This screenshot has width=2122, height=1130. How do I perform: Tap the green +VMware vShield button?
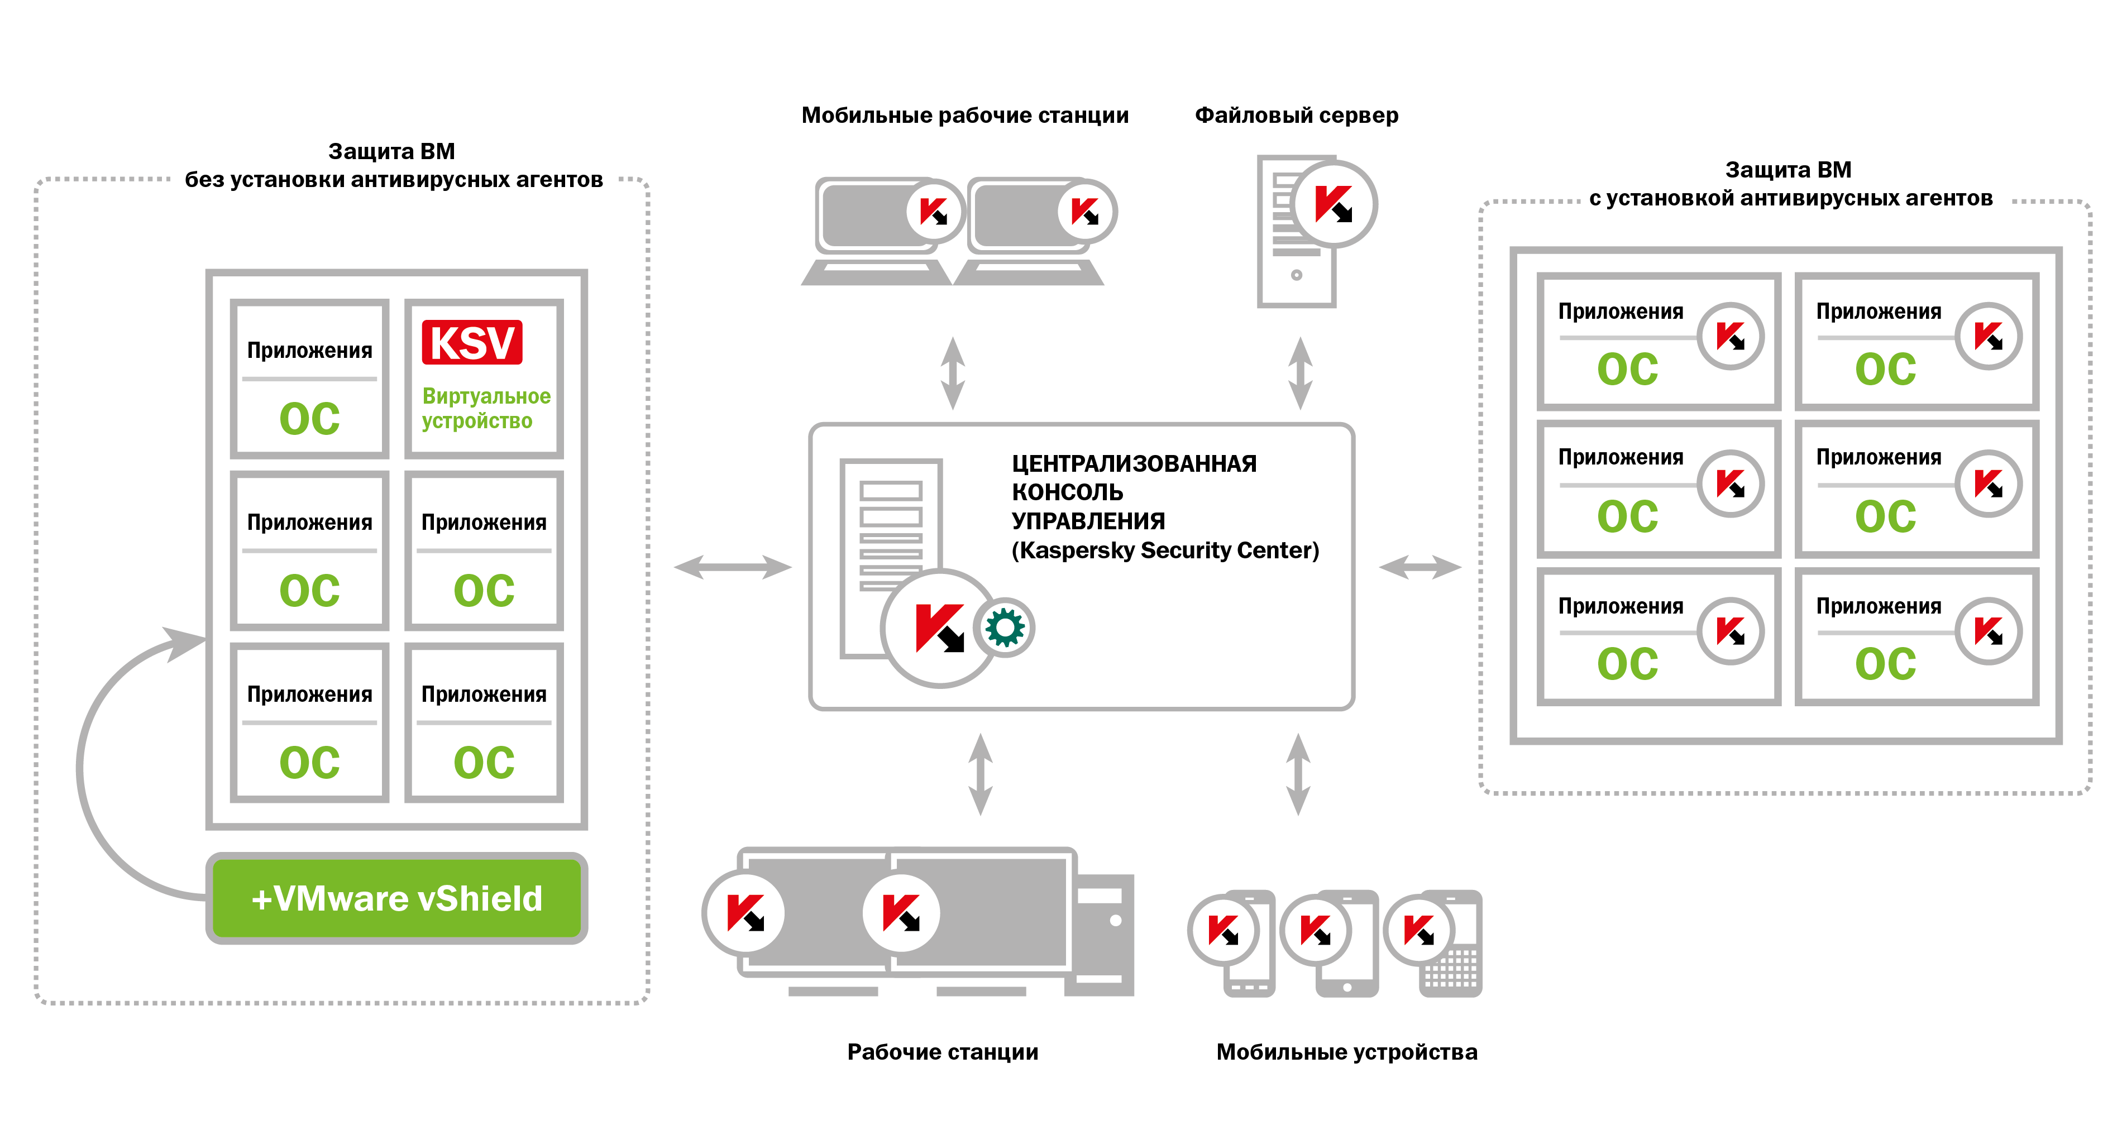point(396,898)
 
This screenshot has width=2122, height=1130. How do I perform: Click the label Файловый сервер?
point(1296,116)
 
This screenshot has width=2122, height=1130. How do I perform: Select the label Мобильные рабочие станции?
point(964,116)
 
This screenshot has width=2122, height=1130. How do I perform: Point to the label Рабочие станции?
point(943,1052)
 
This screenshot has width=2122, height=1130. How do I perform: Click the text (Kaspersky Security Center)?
point(1165,550)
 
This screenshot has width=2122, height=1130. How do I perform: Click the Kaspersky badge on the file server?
point(1334,203)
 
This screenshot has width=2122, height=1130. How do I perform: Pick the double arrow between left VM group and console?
point(732,567)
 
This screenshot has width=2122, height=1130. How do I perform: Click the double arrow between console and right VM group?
point(1420,567)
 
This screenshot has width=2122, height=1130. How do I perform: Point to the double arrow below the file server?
point(1300,372)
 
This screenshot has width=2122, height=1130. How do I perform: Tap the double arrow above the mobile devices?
point(1298,774)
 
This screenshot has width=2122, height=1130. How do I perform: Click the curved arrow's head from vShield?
point(183,643)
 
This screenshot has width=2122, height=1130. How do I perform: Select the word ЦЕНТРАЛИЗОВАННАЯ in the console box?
point(1134,464)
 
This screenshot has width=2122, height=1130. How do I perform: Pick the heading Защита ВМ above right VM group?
point(1788,170)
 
